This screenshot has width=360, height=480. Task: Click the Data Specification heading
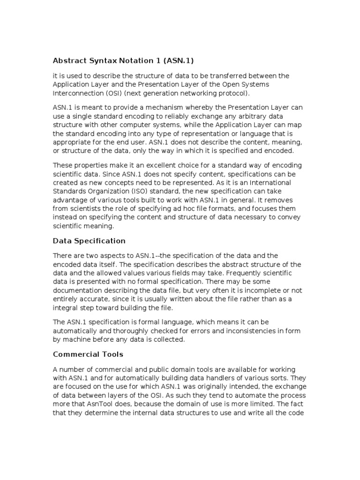(x=89, y=241)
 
